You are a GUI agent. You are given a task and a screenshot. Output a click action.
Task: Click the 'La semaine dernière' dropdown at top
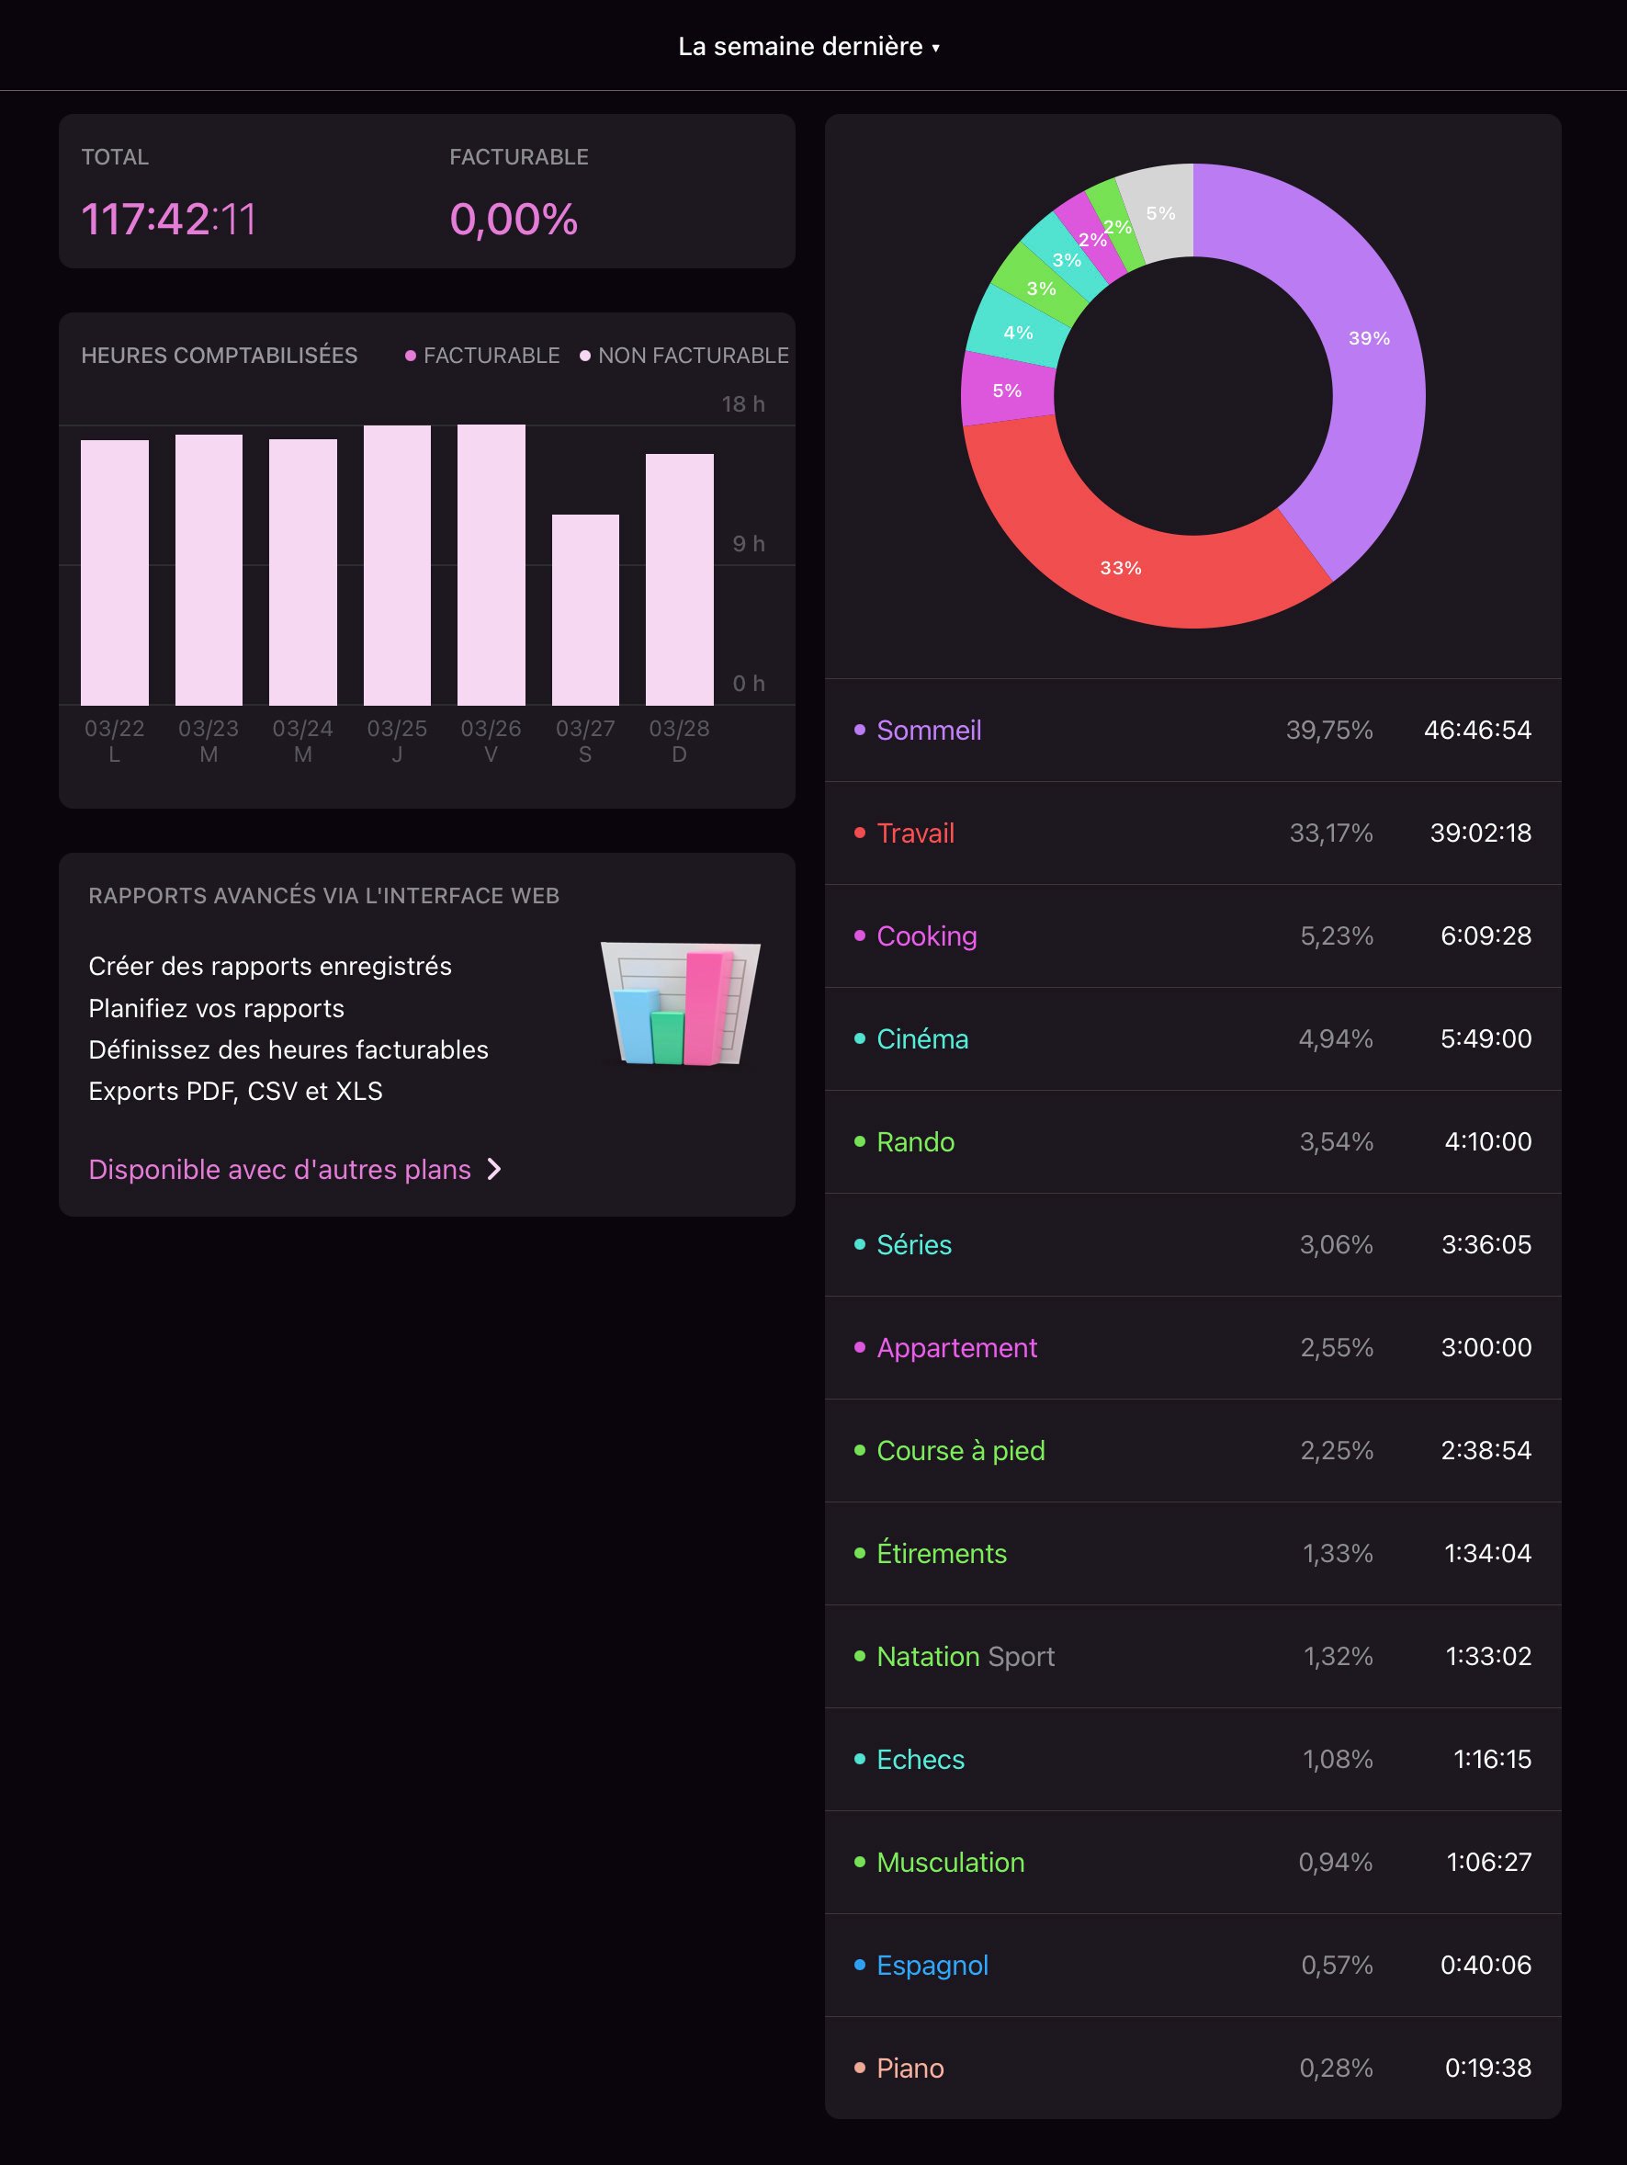[x=808, y=46]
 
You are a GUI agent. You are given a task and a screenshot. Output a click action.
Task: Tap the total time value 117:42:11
[x=168, y=220]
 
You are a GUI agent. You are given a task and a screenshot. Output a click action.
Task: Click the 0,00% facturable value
[x=514, y=220]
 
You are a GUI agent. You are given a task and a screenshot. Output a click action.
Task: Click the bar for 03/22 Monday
[x=115, y=572]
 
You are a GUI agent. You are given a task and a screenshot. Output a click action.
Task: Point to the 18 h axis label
[x=742, y=404]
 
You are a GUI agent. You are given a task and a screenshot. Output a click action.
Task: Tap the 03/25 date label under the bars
[x=396, y=729]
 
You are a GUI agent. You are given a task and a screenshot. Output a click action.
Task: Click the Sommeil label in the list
[x=929, y=731]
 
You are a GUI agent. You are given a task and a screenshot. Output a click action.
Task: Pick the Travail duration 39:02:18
[x=1480, y=833]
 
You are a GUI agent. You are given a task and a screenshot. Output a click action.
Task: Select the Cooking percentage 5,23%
[x=1336, y=935]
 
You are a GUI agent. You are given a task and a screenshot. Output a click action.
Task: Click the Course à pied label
[x=960, y=1450]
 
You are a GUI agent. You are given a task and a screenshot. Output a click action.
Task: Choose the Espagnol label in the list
[x=932, y=1965]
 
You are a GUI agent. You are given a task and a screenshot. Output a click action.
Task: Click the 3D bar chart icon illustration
[x=680, y=1004]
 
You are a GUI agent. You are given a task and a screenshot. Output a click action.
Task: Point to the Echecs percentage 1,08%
[x=1338, y=1759]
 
